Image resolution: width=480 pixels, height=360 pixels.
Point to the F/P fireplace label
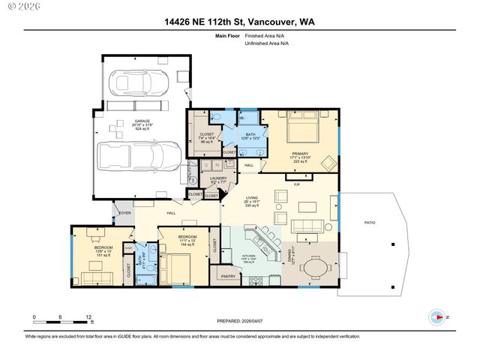(296, 184)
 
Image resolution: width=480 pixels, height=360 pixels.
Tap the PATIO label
(369, 223)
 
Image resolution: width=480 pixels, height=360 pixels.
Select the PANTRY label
(229, 276)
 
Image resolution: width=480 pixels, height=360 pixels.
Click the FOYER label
(124, 213)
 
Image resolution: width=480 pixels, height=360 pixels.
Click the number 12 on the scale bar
(89, 317)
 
